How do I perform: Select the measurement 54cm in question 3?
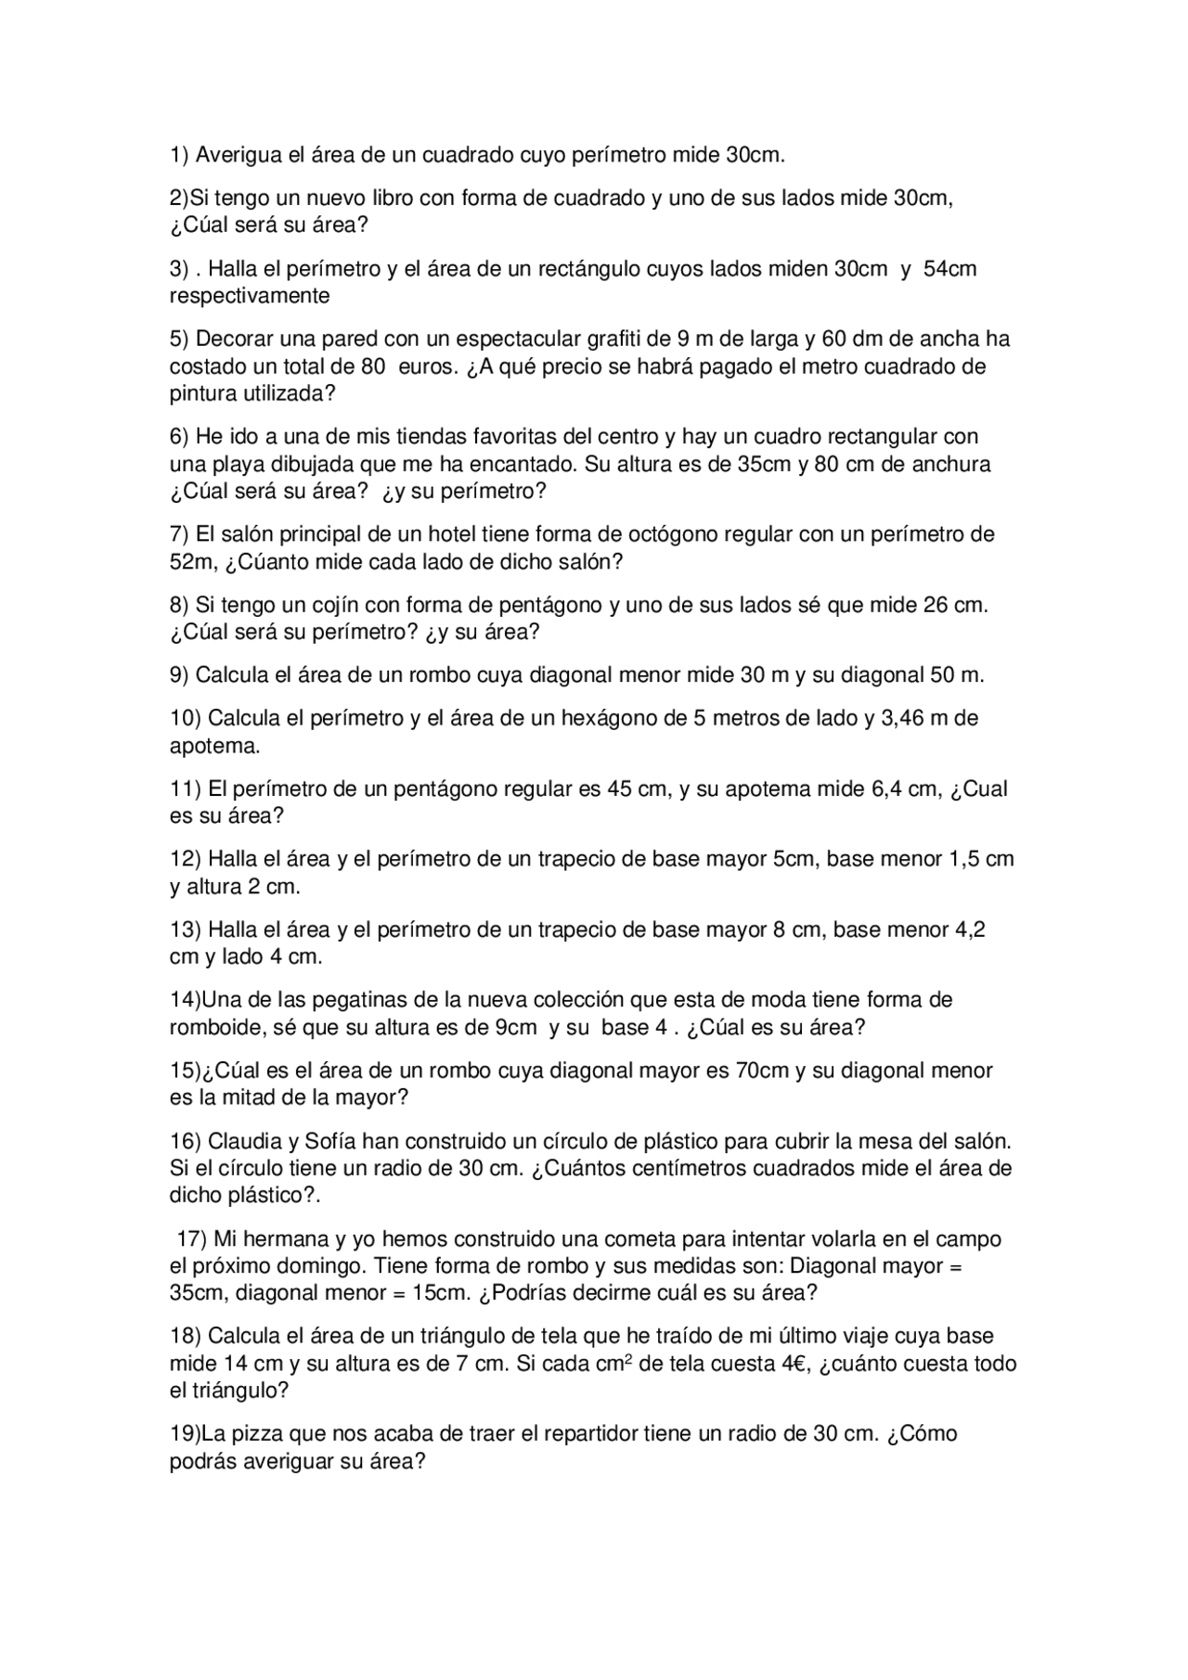coord(950,269)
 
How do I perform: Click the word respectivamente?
coord(250,296)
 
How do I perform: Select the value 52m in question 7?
coord(191,562)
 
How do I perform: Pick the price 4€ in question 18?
coord(796,1364)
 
